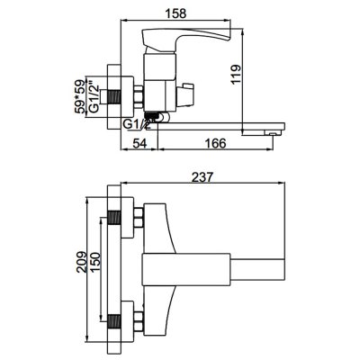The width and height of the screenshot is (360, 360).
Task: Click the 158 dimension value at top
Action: (175, 13)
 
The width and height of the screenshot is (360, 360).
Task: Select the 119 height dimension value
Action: (236, 75)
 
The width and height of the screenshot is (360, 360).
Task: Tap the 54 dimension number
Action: (139, 143)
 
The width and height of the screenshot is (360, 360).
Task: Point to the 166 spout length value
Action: (215, 143)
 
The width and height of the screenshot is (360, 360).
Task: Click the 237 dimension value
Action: (202, 177)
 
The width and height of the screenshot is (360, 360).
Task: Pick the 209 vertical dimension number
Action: (82, 262)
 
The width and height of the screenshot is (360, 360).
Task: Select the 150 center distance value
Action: (94, 262)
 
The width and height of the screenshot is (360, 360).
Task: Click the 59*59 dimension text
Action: (79, 96)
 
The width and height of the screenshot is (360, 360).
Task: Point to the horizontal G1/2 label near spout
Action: (137, 124)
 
